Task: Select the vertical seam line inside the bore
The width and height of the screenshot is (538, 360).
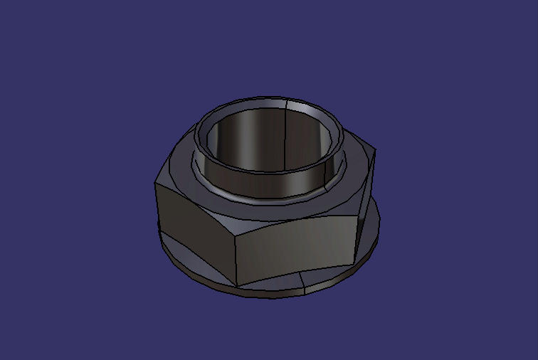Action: pos(285,135)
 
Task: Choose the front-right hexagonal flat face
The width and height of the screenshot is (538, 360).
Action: pos(295,245)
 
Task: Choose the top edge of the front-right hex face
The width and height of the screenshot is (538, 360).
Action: pos(299,219)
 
